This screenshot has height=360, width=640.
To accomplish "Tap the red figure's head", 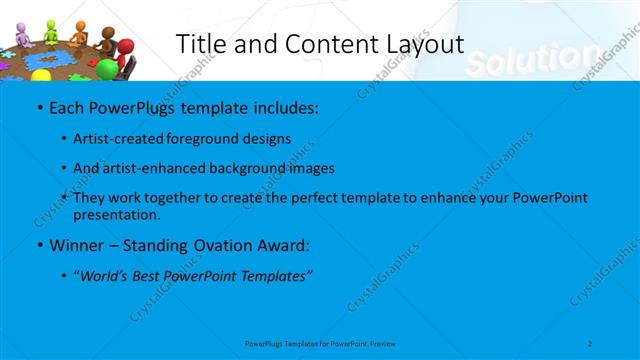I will pyautogui.click(x=123, y=47).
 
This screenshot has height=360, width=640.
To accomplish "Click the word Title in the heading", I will pyautogui.click(x=199, y=44).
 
